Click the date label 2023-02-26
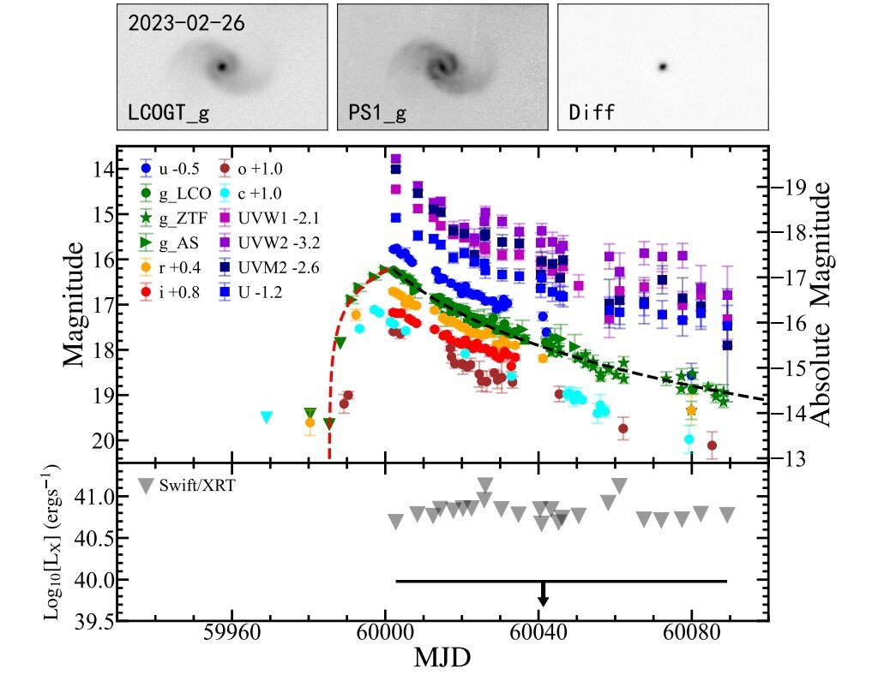tap(187, 23)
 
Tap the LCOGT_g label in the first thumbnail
tap(170, 111)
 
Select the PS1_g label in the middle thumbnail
tap(377, 111)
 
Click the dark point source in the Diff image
tap(662, 66)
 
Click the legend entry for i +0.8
tap(179, 292)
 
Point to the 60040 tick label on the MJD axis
tap(538, 638)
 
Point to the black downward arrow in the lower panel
tap(543, 594)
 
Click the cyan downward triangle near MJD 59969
tap(267, 417)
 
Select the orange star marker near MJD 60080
tap(691, 411)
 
